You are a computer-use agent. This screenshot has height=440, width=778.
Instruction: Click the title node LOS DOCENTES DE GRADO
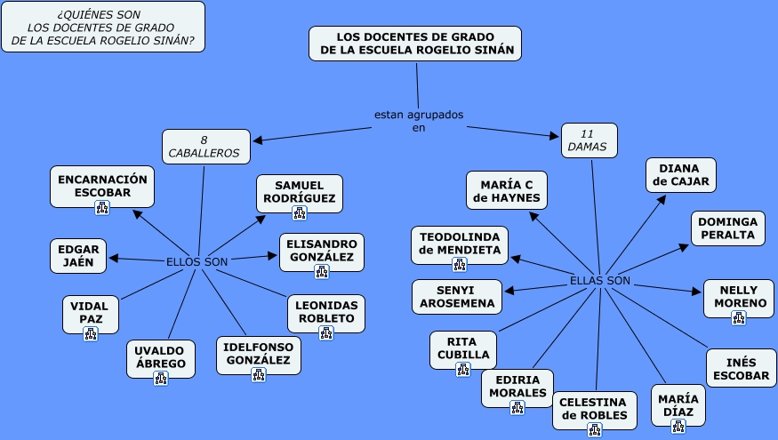(415, 44)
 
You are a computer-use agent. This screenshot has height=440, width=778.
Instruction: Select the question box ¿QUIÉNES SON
(103, 28)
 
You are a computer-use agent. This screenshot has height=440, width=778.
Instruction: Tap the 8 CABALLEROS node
(204, 147)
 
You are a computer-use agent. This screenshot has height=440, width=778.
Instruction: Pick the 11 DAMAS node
(588, 140)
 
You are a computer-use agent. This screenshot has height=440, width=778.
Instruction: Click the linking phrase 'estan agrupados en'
(418, 121)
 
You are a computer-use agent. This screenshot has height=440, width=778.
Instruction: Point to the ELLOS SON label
(197, 261)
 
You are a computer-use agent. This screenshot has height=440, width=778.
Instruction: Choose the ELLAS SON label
(600, 281)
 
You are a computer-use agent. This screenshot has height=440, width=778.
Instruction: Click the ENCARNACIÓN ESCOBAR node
(101, 185)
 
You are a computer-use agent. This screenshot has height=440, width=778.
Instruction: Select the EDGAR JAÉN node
(78, 255)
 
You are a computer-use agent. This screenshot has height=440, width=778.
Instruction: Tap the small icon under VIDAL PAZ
(90, 334)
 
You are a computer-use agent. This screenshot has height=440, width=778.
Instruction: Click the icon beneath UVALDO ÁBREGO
(161, 378)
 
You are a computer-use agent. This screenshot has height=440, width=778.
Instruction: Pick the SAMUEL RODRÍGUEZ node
(300, 191)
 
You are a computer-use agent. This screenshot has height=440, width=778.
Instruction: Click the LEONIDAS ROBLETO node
(326, 311)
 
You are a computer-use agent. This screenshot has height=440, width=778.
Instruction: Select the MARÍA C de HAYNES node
(507, 190)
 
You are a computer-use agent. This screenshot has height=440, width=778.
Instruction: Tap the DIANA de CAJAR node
(680, 175)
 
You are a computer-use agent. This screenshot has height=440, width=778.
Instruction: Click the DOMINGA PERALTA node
(727, 228)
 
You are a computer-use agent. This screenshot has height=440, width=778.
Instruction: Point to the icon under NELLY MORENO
(739, 317)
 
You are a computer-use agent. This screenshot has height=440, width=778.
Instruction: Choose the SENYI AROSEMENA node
(457, 297)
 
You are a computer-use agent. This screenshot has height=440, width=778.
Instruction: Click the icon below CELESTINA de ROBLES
(594, 429)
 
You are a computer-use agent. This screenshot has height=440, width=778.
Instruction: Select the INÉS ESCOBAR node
(741, 368)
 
